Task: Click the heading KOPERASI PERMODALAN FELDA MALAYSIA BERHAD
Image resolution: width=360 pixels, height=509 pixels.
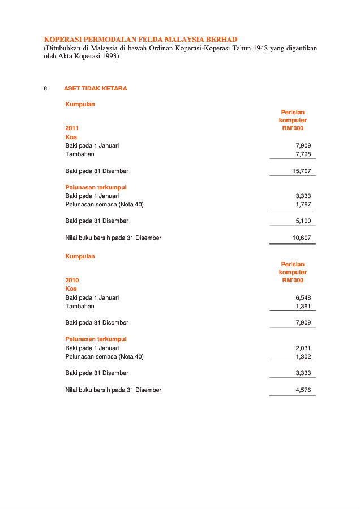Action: [x=140, y=40]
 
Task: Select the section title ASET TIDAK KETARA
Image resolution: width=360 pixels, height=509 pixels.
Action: [x=95, y=89]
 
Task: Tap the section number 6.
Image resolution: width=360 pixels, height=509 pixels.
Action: [x=46, y=89]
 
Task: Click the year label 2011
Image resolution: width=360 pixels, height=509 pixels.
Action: [x=72, y=128]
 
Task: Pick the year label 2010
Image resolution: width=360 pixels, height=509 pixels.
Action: [x=72, y=281]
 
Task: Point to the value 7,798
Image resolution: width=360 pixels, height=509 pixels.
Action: [x=303, y=154]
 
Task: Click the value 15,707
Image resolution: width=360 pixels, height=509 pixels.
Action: [x=301, y=171]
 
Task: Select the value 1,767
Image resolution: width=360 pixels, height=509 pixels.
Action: [x=303, y=204]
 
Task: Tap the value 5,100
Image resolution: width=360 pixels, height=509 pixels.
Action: [x=303, y=221]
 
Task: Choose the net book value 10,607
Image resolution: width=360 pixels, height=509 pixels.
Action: [x=301, y=238]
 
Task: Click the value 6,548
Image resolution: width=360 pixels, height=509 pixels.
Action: [x=303, y=297]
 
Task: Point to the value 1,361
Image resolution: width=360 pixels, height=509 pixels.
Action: [x=303, y=306]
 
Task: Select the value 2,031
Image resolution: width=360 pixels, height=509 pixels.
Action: [x=303, y=348]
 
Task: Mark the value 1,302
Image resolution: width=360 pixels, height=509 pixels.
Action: [x=303, y=356]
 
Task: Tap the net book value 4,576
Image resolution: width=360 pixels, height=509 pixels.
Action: [x=303, y=390]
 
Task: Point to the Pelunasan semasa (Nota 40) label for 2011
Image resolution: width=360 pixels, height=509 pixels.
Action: [x=104, y=204]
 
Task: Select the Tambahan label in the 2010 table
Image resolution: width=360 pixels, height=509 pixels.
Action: [x=80, y=306]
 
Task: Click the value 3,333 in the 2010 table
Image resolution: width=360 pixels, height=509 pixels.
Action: [x=303, y=373]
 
